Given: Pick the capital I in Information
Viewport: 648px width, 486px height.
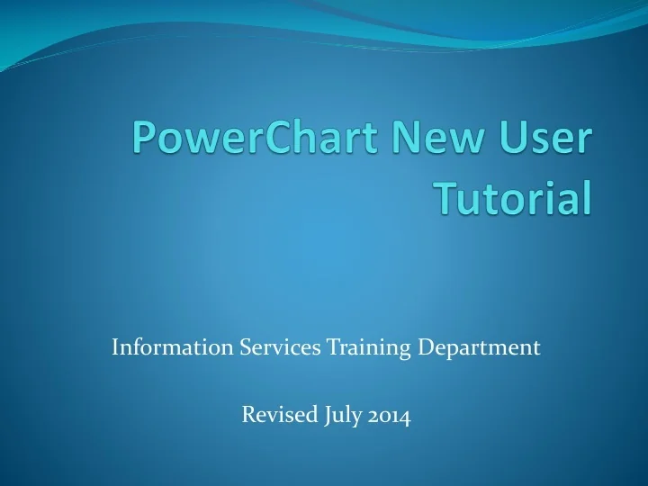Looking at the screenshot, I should click(115, 346).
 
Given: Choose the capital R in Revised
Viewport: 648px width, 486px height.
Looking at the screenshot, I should click(248, 416).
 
